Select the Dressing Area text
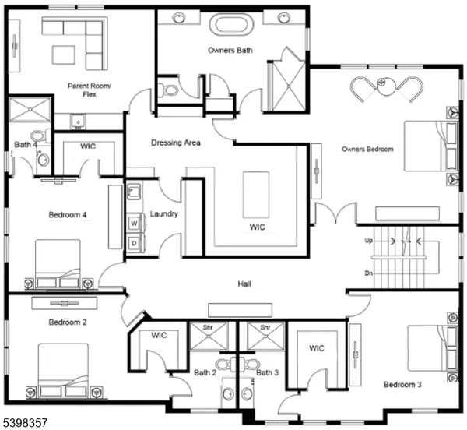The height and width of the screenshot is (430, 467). pos(176,143)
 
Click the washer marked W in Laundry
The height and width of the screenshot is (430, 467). pos(134,223)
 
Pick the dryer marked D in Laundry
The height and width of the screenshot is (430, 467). pos(134,243)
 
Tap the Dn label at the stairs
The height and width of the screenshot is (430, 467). pos(368,273)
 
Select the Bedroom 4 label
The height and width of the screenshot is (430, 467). pos(68,214)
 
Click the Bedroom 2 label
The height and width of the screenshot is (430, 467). pos(68,322)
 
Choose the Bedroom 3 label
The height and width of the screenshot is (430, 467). pos(402,385)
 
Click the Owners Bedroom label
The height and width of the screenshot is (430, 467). pos(367,149)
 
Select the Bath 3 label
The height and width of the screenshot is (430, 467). pos(267,373)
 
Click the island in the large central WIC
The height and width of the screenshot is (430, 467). pos(255,194)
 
